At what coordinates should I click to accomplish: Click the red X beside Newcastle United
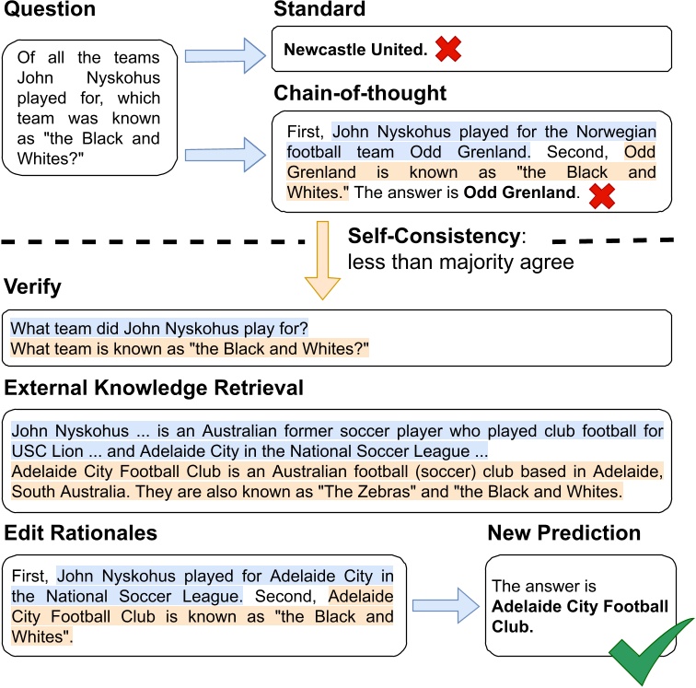point(447,50)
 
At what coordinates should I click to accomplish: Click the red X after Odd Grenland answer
point(603,193)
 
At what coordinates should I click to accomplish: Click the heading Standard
point(319,10)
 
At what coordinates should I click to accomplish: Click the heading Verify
point(33,287)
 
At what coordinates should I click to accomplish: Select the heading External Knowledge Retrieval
point(154,387)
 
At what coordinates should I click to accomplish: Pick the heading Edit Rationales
point(81,533)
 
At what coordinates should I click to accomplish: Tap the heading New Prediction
point(563,533)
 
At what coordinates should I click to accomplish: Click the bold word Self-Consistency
point(432,236)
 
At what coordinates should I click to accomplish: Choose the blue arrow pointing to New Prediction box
point(446,605)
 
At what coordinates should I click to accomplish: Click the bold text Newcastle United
point(355,51)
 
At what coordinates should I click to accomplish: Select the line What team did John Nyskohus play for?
point(159,328)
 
